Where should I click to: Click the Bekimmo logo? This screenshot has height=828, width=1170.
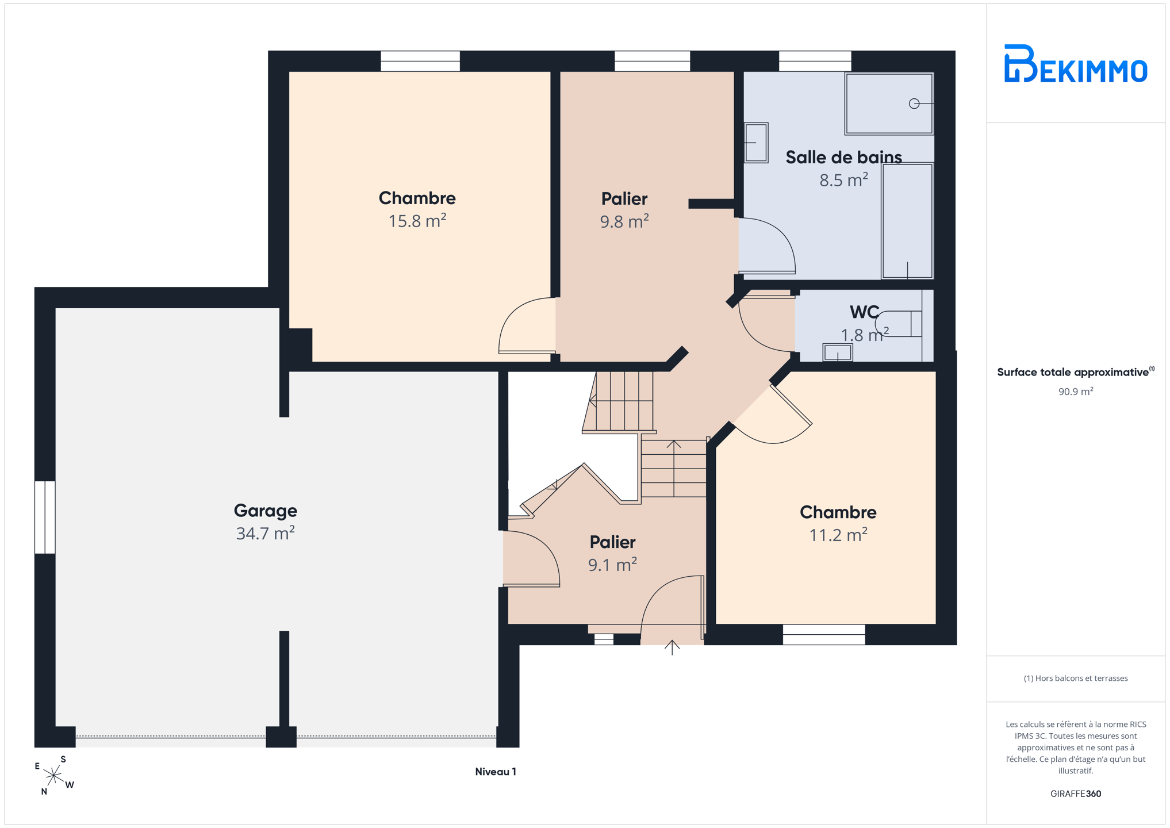point(1075,63)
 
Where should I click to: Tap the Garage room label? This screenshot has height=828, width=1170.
point(265,511)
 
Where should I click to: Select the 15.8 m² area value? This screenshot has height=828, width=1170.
point(417,221)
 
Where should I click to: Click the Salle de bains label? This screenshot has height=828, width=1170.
point(843,157)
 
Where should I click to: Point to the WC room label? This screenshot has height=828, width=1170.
point(864,312)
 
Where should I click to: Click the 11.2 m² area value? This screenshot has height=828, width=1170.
point(838,535)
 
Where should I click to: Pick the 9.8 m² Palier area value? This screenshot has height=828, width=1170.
point(624,221)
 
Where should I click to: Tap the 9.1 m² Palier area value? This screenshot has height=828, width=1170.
point(612,565)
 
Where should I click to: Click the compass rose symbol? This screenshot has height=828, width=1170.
point(54,776)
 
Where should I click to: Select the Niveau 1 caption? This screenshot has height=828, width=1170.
point(496,772)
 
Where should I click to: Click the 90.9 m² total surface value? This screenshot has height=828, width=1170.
point(1076,392)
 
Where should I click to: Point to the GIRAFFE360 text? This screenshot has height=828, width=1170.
point(1076,793)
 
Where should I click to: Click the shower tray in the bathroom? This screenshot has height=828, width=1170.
point(889,103)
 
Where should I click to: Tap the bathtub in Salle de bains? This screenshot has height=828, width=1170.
point(907,221)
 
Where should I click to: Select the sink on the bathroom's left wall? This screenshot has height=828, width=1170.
point(756,143)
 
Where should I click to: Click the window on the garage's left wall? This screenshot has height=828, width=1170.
point(45,517)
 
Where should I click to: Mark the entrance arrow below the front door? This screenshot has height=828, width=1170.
point(672,647)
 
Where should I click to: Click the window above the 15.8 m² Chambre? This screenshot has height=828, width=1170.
point(420,61)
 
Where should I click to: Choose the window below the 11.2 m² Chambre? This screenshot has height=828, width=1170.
point(824,634)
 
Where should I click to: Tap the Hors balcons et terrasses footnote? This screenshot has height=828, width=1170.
point(1076,678)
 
